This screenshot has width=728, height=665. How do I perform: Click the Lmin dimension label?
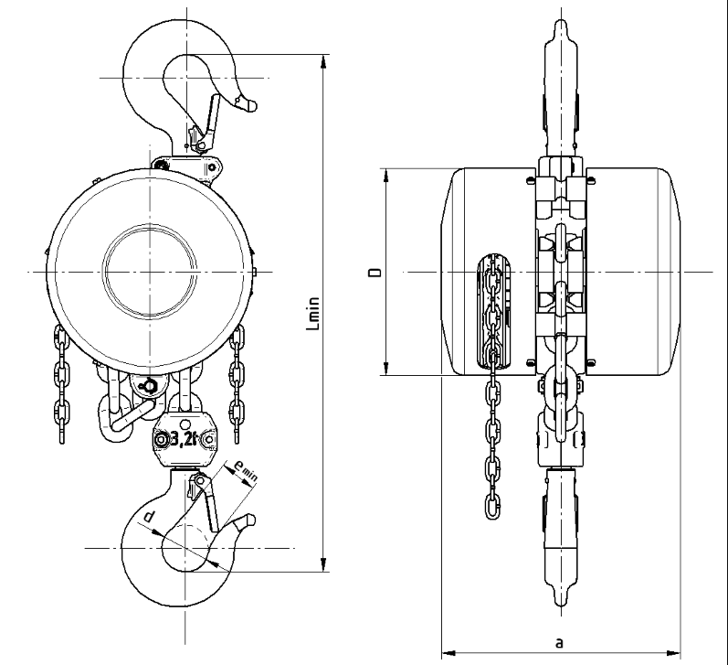pyautogui.click(x=314, y=314)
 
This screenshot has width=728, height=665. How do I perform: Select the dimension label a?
pyautogui.click(x=559, y=643)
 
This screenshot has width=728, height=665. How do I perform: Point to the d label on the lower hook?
pyautogui.click(x=148, y=516)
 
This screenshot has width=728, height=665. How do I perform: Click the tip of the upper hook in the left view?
pyautogui.click(x=253, y=106)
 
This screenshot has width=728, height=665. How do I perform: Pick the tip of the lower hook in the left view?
pyautogui.click(x=251, y=520)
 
